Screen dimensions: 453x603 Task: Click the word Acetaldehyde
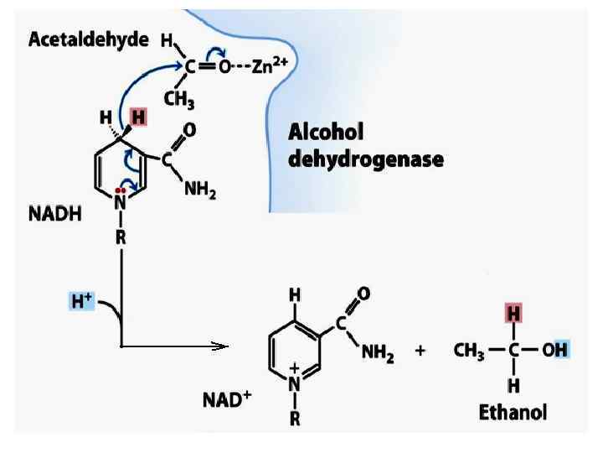pyautogui.click(x=89, y=39)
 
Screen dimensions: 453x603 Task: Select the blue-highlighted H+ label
pyautogui.click(x=83, y=299)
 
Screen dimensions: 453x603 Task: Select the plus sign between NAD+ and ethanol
pyautogui.click(x=420, y=352)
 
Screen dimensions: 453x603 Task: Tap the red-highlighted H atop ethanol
pyautogui.click(x=513, y=314)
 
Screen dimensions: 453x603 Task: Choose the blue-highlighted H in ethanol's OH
pyautogui.click(x=562, y=350)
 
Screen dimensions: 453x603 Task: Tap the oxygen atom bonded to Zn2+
pyautogui.click(x=224, y=66)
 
